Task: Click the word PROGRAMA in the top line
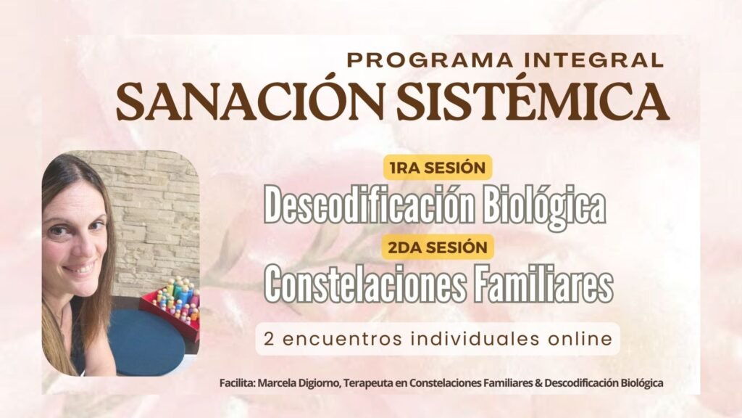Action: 430,60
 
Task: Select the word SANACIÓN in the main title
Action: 250,102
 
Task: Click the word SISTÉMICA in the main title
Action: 533,102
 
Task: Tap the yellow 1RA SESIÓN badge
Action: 438,168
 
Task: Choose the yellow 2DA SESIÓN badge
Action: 438,247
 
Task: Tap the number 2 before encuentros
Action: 269,340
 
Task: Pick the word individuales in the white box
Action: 475,339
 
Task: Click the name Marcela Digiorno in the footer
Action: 299,383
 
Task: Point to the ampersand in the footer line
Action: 538,383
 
